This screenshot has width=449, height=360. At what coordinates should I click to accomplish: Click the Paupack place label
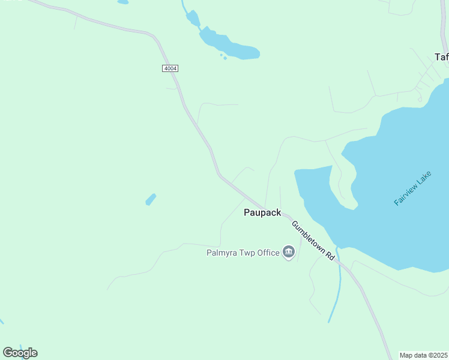[262, 212]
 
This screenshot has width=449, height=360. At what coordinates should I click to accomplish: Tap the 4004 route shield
[170, 68]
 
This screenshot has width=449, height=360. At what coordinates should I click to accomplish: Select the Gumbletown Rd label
[313, 240]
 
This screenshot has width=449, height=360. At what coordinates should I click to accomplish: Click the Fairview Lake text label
[413, 188]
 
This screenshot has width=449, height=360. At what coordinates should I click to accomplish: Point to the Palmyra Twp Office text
[243, 253]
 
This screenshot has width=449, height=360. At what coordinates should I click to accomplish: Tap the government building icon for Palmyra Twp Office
[289, 252]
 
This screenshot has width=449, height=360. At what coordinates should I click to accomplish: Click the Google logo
[20, 353]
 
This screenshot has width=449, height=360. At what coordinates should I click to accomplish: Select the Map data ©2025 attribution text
[423, 355]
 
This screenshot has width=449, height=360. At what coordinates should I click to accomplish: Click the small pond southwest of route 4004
[151, 199]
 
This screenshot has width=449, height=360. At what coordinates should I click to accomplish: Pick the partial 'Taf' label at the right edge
[441, 57]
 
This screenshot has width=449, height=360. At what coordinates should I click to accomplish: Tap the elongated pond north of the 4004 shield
[228, 45]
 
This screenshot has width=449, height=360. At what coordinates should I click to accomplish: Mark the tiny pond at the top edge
[122, 2]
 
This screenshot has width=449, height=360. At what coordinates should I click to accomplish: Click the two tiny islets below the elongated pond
[223, 57]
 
